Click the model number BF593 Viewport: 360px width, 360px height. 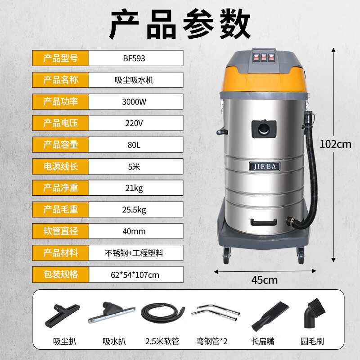pos(134,58)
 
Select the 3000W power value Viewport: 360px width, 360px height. pos(134,101)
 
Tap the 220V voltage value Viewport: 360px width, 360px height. pos(134,123)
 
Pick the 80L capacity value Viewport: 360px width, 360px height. pos(134,144)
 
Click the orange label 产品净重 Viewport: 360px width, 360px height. pos(60,188)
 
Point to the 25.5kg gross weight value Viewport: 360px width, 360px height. pos(134,209)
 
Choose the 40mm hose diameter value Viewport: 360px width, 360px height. pos(134,231)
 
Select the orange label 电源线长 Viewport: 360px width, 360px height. pos(60,166)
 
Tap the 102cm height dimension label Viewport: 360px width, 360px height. pos(335,144)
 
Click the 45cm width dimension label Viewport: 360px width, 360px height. pos(264,280)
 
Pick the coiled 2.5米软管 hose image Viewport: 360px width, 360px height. pos(162,312)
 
